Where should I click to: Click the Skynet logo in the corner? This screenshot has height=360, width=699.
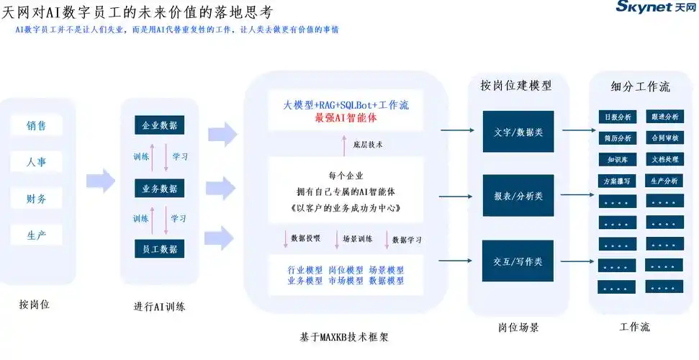click(656, 7)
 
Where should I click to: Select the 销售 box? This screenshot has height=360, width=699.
click(37, 125)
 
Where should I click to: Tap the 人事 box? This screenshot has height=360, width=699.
click(37, 162)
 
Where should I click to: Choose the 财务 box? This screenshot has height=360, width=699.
click(37, 199)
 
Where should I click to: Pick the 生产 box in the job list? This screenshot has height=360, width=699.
click(37, 235)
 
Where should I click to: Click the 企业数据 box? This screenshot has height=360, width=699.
click(160, 125)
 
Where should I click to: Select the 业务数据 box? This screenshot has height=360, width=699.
click(160, 188)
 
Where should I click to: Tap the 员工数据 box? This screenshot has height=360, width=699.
click(160, 248)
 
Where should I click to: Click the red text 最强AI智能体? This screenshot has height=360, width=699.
click(346, 117)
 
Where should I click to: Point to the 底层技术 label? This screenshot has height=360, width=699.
click(368, 145)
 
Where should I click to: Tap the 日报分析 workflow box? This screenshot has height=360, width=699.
click(616, 117)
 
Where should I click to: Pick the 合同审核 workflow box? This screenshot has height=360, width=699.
click(664, 138)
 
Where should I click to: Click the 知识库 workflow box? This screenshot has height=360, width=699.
click(616, 159)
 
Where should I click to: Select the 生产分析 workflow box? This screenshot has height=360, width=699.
click(664, 181)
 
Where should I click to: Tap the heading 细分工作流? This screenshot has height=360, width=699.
click(640, 87)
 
